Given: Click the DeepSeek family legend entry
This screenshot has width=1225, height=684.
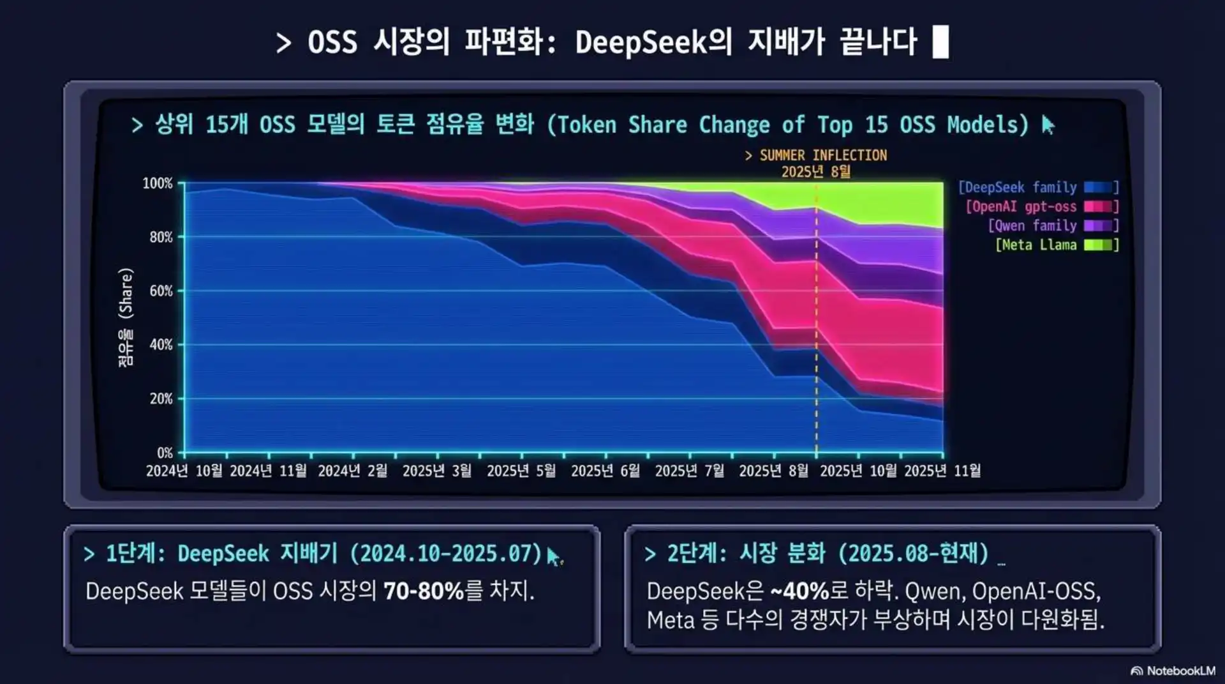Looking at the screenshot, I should pyautogui.click(x=1037, y=187).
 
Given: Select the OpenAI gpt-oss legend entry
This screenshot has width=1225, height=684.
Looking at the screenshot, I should pyautogui.click(x=1041, y=206).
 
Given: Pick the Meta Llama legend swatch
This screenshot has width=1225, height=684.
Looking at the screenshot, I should pyautogui.click(x=1098, y=245).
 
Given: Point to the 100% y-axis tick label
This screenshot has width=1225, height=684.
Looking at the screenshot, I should pyautogui.click(x=157, y=183).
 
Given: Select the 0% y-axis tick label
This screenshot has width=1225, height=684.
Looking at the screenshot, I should pyautogui.click(x=165, y=453).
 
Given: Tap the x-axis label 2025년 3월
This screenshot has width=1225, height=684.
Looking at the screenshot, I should pyautogui.click(x=437, y=471).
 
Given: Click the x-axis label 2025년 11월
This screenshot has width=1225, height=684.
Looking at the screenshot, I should pyautogui.click(x=942, y=471).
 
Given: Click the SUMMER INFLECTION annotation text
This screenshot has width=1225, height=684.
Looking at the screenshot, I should pyautogui.click(x=816, y=155).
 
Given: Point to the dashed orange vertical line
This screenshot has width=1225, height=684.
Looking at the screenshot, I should pyautogui.click(x=816, y=319).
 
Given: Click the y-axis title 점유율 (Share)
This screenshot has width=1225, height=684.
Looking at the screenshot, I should pyautogui.click(x=126, y=317).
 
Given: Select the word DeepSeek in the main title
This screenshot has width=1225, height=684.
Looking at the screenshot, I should pyautogui.click(x=641, y=42).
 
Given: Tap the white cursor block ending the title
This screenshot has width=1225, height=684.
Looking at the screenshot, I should pyautogui.click(x=940, y=42).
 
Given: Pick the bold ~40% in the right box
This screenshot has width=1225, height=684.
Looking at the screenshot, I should pyautogui.click(x=799, y=591).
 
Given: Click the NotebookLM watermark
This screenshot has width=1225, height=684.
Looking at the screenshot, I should pyautogui.click(x=1173, y=671).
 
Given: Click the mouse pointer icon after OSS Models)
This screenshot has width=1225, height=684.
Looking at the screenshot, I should pyautogui.click(x=1048, y=125).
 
